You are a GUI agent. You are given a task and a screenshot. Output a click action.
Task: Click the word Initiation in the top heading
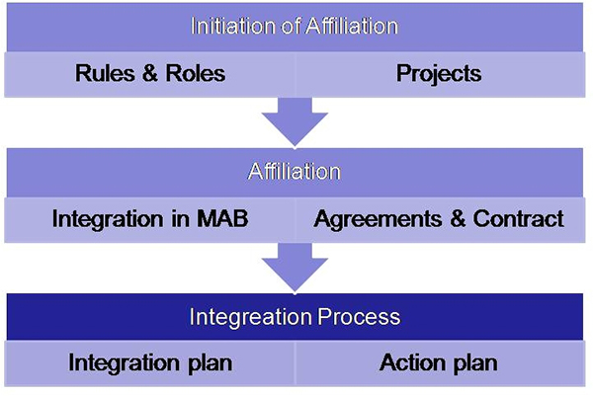(x=233, y=26)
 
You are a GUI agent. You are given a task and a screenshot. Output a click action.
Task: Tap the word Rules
(x=105, y=73)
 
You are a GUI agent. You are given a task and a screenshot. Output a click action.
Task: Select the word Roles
(x=196, y=73)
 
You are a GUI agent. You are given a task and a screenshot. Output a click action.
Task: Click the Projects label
(x=439, y=74)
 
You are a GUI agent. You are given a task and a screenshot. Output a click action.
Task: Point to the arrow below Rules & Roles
(x=295, y=121)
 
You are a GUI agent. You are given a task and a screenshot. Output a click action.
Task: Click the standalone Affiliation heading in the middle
(x=295, y=172)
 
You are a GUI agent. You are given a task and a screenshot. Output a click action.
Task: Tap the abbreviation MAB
(x=222, y=219)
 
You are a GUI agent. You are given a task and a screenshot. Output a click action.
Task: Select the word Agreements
(x=378, y=220)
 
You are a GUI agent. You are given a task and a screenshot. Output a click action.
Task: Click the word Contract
(x=519, y=219)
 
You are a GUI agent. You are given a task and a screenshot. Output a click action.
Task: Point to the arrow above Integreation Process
(x=295, y=268)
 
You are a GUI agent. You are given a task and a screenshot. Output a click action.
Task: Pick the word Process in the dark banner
(x=359, y=316)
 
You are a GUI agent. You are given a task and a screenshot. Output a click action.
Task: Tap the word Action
(x=412, y=362)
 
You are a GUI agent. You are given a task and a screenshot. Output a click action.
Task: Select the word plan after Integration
(x=211, y=363)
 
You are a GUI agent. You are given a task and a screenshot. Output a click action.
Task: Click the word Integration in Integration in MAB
(x=108, y=220)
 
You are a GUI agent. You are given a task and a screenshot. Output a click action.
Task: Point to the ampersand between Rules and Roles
(x=150, y=73)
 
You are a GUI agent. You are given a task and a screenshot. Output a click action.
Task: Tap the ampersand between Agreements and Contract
(x=458, y=219)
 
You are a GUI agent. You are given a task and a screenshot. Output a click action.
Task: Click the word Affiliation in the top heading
(x=351, y=26)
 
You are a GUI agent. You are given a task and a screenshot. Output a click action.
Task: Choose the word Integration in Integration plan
(x=125, y=363)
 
